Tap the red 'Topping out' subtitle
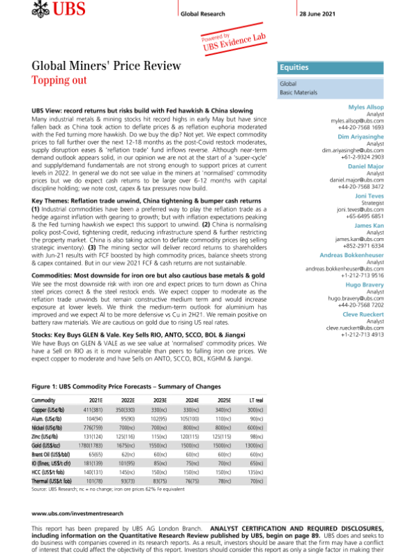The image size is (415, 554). point(59,80)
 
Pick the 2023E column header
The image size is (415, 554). point(159,400)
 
